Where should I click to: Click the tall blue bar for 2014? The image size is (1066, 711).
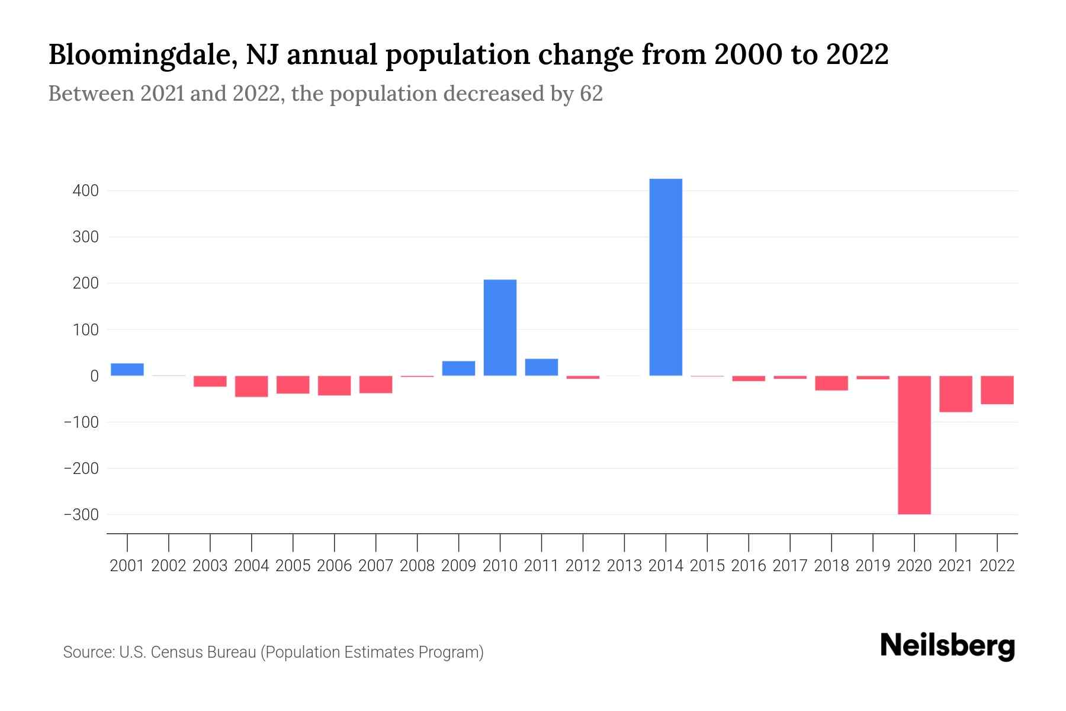coord(666,277)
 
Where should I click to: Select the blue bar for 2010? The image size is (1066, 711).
coord(500,328)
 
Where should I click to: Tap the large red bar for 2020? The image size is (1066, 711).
coord(914,444)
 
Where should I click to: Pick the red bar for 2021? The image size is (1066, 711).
coord(955,394)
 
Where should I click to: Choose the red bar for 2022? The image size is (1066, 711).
coord(997,390)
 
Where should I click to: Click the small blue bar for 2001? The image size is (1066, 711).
coord(127,370)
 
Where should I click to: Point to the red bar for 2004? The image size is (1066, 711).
coord(252,386)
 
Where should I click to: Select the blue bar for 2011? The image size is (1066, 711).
coord(541,367)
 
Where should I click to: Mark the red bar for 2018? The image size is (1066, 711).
coord(831,383)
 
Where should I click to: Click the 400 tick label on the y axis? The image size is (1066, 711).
coord(86,191)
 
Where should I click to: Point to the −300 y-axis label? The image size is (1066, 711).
coord(82,515)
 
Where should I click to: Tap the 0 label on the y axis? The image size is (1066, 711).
coord(95,376)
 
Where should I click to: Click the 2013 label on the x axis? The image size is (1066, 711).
coord(624,566)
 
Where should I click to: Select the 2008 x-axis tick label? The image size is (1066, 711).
coord(417,566)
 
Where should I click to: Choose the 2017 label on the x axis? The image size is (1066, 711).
coord(789,566)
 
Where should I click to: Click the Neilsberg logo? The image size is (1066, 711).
coord(948,646)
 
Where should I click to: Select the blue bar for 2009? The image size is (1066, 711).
coord(458,369)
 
